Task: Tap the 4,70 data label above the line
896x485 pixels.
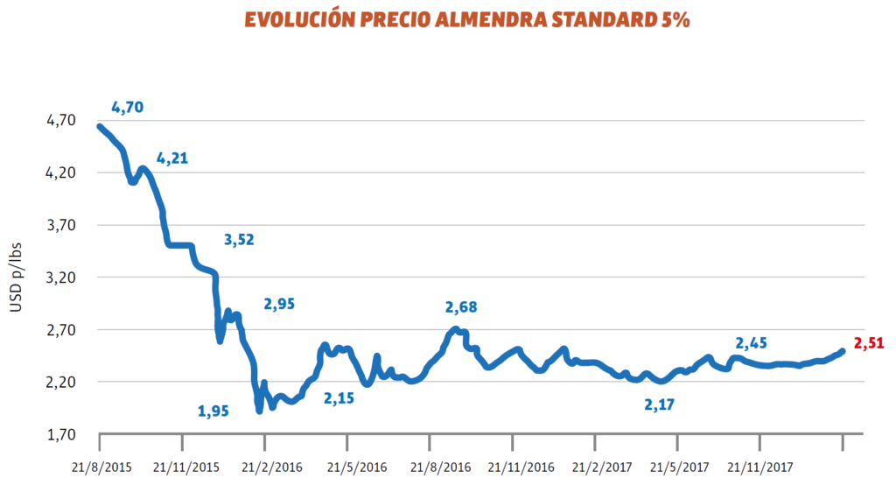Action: coord(127,108)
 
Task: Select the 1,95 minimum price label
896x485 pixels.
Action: coord(213,410)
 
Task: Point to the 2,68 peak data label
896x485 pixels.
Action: coord(461,307)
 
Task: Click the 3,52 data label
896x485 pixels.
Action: coord(239,240)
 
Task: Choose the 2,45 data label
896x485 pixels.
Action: coord(752,342)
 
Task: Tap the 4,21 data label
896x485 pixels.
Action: coord(172,158)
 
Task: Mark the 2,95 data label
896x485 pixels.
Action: coord(279,305)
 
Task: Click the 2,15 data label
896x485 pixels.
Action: coord(339,398)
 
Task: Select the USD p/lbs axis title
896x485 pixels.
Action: coord(16,278)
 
